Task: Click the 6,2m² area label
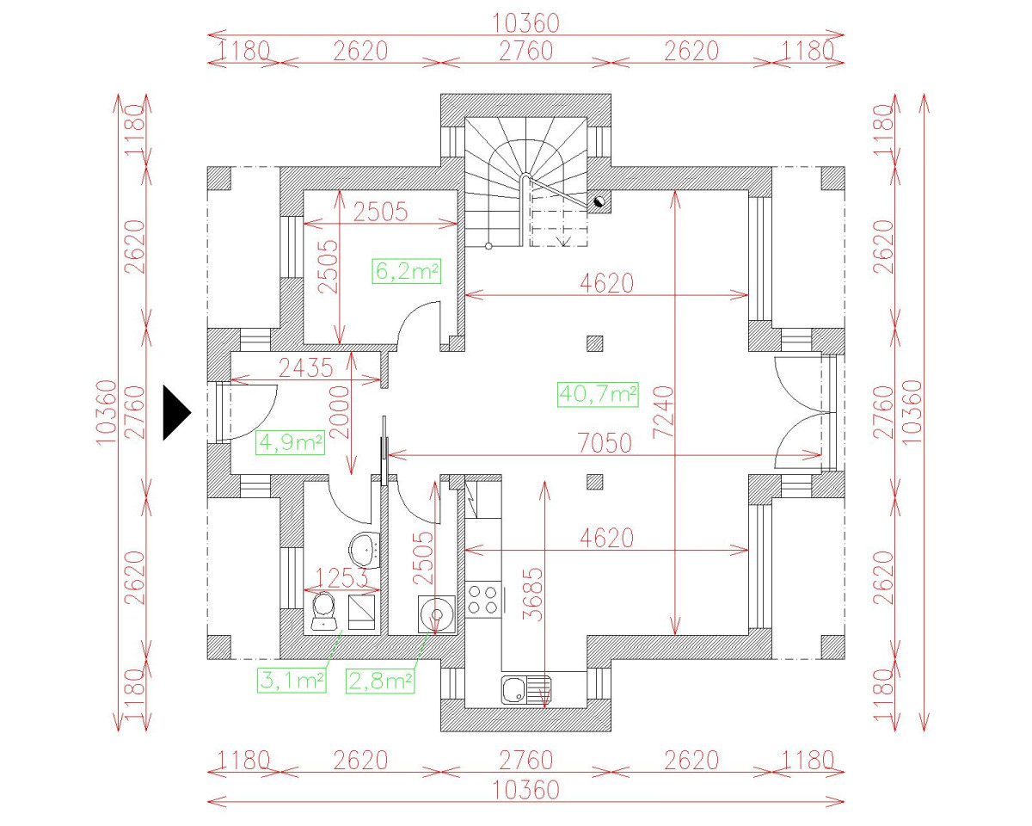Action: (407, 272)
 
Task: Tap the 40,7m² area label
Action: (599, 395)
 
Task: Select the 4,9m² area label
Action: (291, 443)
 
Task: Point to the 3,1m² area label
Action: (291, 681)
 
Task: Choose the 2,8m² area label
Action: (380, 681)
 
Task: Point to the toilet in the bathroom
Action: (323, 612)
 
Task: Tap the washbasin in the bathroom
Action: (365, 546)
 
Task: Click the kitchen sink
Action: (525, 688)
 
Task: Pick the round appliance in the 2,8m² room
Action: (437, 614)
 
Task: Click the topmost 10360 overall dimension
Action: (525, 22)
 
